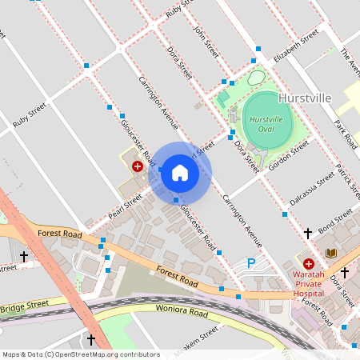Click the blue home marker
(180, 172)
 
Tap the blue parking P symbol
(251, 262)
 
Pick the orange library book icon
(330, 254)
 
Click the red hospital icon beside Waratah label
(308, 262)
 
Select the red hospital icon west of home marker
(138, 166)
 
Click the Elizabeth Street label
(295, 47)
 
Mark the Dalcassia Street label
(311, 190)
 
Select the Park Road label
(346, 135)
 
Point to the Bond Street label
(335, 222)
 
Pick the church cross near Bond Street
(308, 234)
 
